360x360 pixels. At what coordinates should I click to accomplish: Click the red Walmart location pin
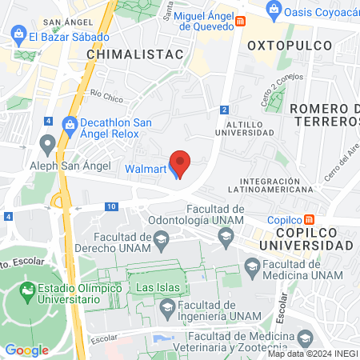(x=181, y=162)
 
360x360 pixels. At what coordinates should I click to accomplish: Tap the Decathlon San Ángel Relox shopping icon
(x=70, y=124)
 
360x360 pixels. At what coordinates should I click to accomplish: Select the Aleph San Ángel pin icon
(x=47, y=145)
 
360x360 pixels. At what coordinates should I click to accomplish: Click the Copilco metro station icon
(x=319, y=219)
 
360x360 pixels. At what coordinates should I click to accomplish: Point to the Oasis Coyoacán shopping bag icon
(x=274, y=10)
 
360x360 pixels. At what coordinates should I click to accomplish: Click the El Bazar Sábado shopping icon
(x=18, y=36)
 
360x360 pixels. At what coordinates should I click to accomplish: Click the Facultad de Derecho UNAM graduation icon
(x=162, y=238)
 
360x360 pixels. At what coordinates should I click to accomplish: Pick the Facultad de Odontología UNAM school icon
(x=226, y=234)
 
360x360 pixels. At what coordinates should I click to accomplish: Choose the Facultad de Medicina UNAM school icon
(x=252, y=266)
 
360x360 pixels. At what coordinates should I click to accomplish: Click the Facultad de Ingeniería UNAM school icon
(x=168, y=306)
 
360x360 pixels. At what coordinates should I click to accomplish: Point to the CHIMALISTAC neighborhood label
(x=135, y=53)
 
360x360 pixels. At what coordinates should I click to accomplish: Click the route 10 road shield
(x=111, y=206)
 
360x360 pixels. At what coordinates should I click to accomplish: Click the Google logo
(x=26, y=350)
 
